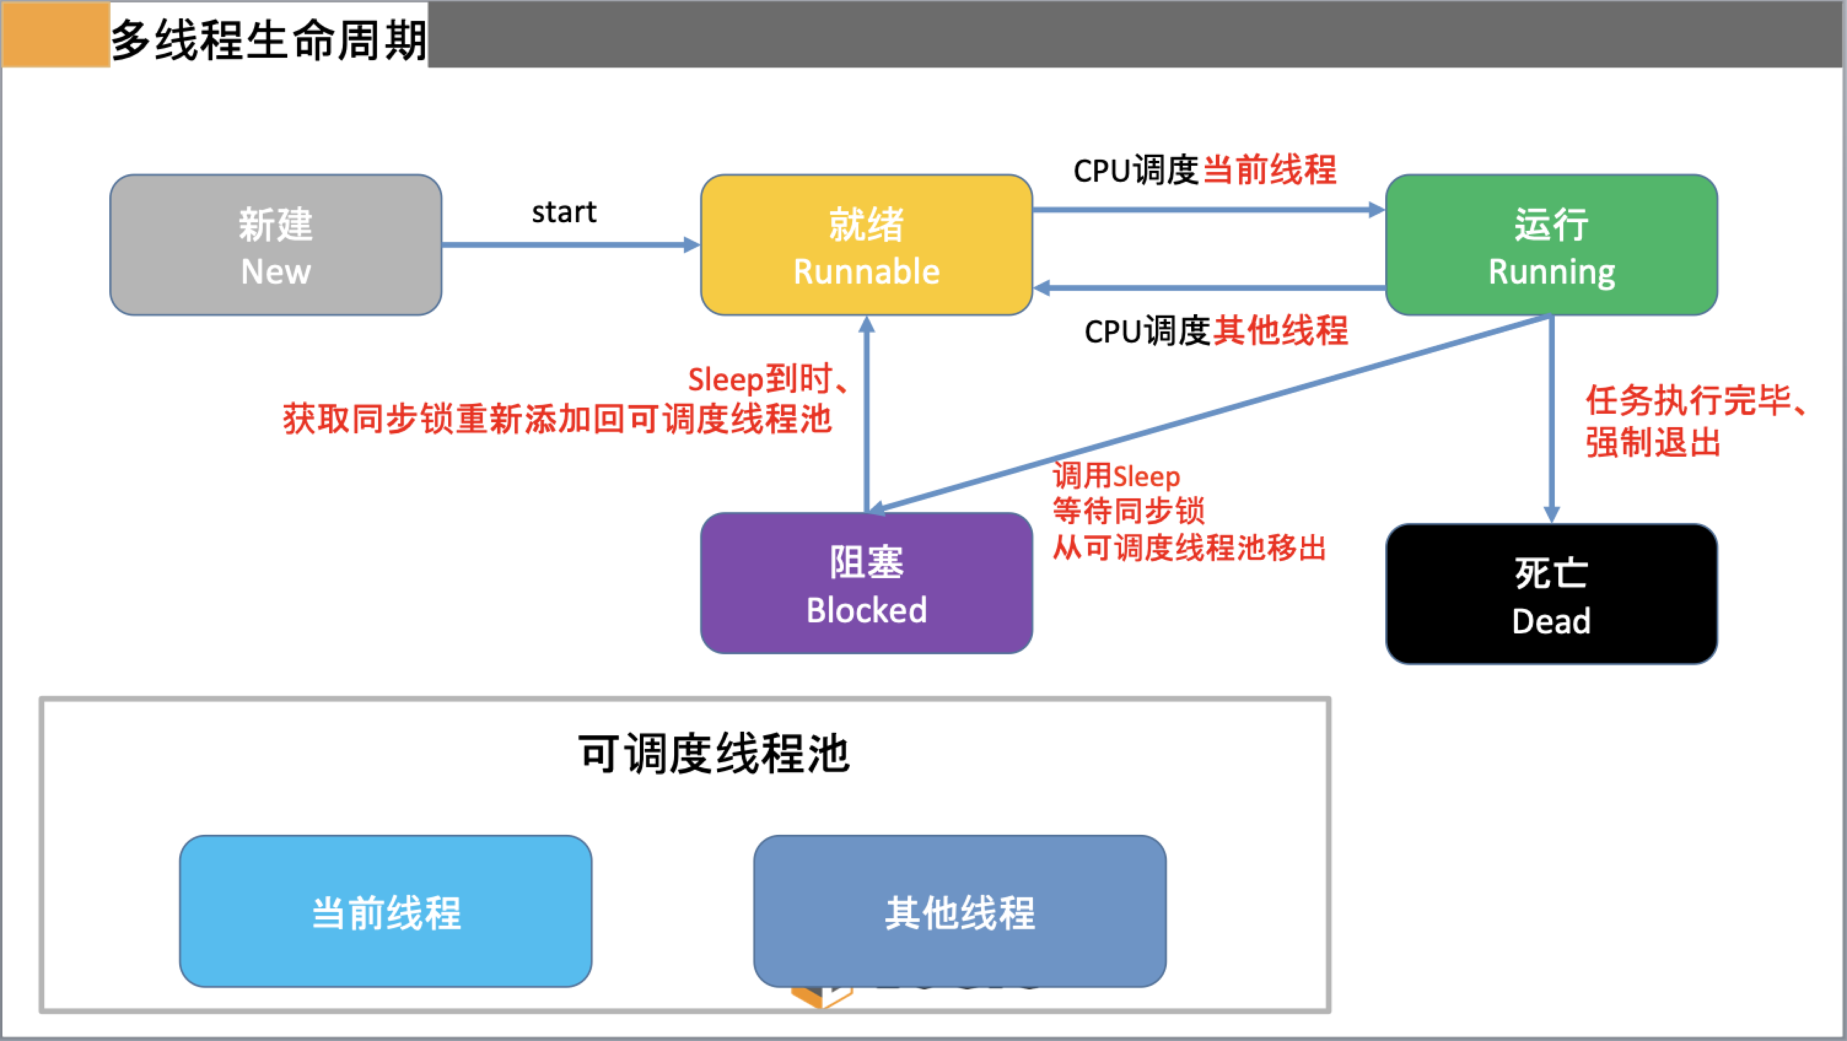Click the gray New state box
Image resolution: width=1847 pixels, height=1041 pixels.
(275, 244)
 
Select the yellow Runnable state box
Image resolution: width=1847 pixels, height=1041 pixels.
(866, 244)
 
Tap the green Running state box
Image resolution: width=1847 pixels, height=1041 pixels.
(1551, 244)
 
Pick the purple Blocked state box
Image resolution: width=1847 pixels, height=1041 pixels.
(866, 583)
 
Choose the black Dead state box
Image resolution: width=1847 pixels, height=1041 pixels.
(1551, 594)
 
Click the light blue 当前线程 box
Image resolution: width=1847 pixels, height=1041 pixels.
(386, 911)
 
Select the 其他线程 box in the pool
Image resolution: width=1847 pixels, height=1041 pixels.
(959, 911)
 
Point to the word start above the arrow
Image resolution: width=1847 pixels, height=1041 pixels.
(564, 212)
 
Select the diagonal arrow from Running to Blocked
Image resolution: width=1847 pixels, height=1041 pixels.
(1211, 414)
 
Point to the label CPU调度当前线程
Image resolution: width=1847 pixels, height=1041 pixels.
(1205, 171)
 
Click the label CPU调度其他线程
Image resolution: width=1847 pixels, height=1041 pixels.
(1216, 331)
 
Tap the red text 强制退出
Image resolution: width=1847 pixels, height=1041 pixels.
(1653, 443)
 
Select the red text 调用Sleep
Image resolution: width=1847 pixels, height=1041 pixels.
(1116, 476)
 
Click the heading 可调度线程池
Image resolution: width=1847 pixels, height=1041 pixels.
(714, 754)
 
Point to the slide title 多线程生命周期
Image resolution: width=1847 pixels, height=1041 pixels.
(269, 39)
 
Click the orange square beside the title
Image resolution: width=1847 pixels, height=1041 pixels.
(55, 34)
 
